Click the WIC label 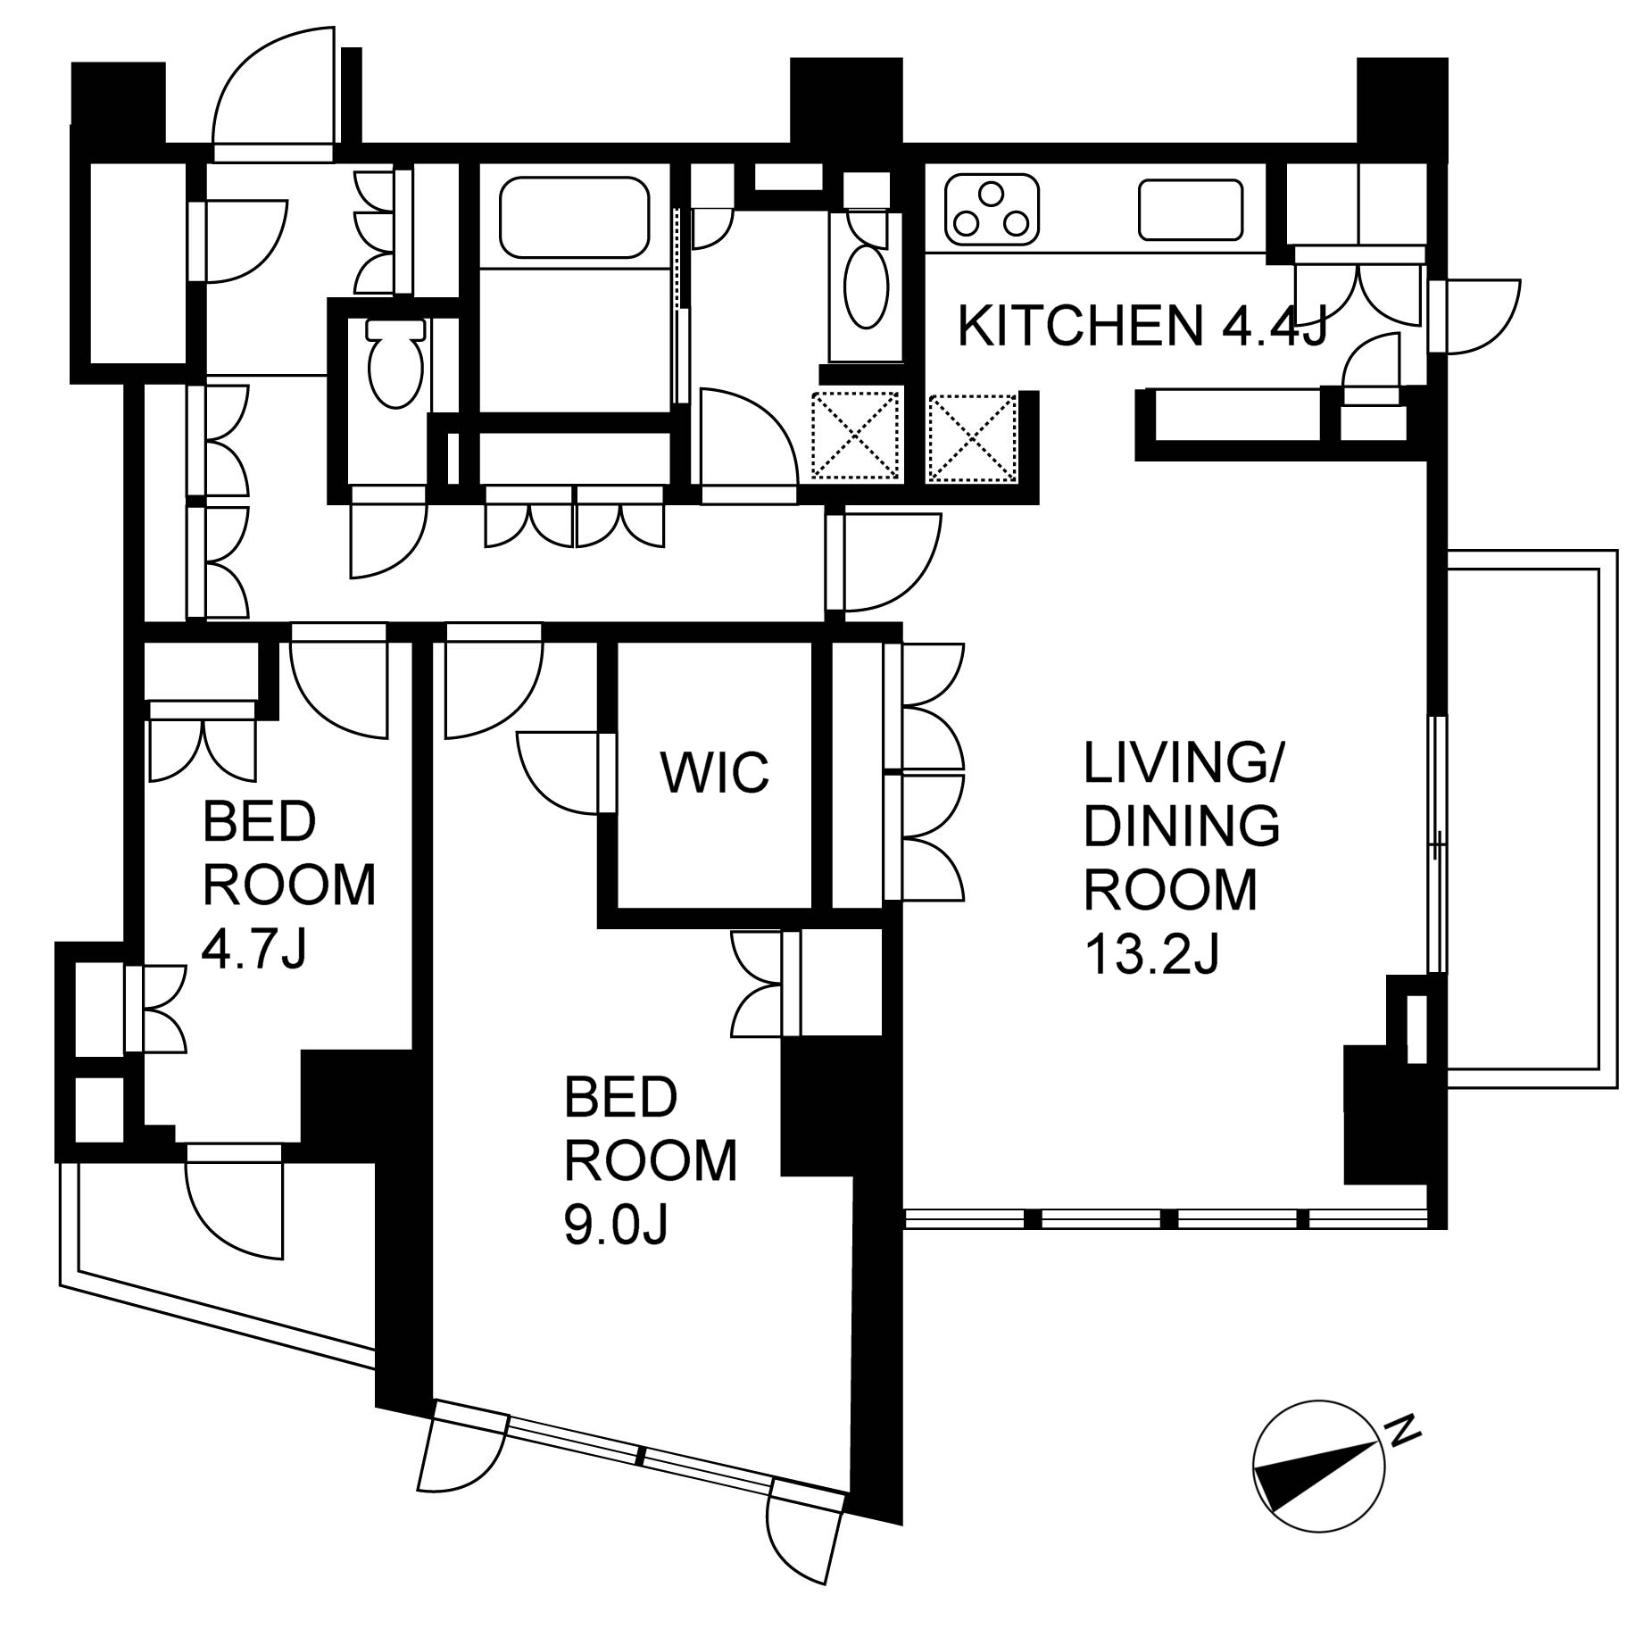[715, 772]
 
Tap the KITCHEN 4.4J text [1143, 326]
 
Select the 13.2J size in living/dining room [1151, 954]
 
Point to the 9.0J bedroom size [616, 1224]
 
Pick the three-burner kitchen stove [992, 211]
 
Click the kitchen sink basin [1191, 210]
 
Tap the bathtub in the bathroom [574, 218]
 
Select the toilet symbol [394, 363]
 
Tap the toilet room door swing [388, 533]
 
